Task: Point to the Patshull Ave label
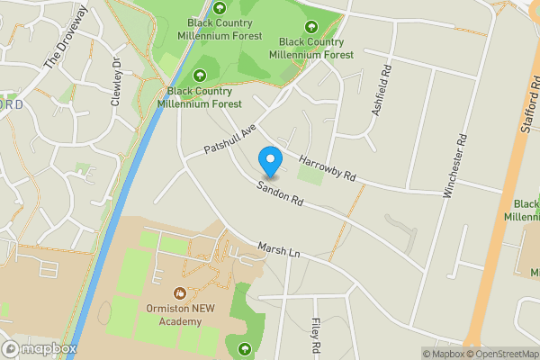[x=230, y=138]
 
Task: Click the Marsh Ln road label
[x=278, y=251]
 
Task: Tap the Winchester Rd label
[x=454, y=166]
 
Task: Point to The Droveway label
[x=67, y=38]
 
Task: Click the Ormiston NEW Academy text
[x=180, y=315]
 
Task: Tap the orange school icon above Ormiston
[x=180, y=292]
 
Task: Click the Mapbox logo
[x=40, y=348]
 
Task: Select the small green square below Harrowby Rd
[x=310, y=175]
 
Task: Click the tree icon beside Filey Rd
[x=243, y=348]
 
